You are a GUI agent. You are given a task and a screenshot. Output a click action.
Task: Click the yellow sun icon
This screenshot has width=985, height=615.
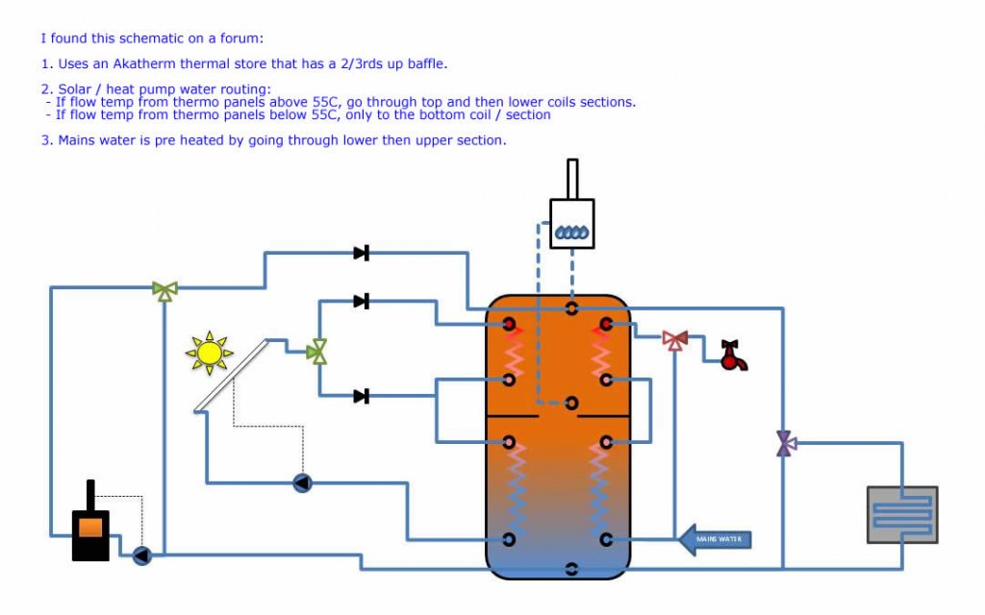tap(209, 353)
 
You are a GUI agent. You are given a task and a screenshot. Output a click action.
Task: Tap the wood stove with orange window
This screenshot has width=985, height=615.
tap(90, 526)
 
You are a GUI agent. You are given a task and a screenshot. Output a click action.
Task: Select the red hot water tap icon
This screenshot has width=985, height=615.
tap(734, 357)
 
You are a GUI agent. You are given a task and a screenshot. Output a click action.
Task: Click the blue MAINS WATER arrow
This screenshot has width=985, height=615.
tap(715, 539)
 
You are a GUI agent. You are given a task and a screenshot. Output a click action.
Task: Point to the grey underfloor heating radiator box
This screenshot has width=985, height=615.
tap(901, 515)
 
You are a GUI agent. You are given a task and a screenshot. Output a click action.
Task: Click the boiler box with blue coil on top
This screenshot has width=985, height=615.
tap(571, 223)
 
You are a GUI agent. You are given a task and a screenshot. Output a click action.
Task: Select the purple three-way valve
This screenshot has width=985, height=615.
tap(785, 443)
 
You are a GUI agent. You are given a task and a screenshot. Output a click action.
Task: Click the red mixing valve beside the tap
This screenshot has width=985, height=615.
tap(675, 339)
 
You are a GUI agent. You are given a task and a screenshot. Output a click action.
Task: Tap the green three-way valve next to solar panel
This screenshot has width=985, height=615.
tap(316, 352)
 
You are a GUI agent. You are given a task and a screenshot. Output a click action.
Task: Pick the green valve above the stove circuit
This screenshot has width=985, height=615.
tap(165, 289)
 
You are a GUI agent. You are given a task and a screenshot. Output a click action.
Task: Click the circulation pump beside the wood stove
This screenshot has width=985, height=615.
tap(142, 554)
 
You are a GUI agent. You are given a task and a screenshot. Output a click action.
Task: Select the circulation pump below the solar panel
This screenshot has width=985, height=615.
tap(302, 482)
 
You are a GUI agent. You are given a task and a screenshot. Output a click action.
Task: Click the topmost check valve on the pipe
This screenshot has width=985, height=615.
tap(361, 253)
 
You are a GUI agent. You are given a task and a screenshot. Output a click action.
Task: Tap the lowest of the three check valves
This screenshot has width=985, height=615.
tap(361, 396)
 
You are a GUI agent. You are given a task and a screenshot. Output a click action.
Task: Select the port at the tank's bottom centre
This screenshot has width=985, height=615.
tap(571, 569)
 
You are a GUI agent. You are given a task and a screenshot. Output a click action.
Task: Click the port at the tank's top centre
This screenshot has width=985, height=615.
tap(571, 308)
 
